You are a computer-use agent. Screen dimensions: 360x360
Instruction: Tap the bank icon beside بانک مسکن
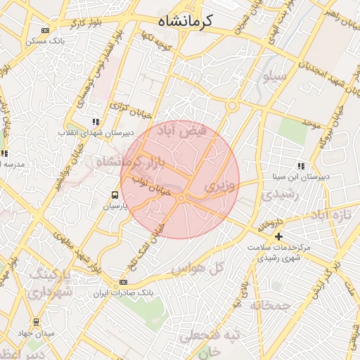(46, 31)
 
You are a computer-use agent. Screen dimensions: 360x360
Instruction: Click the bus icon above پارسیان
(115, 195)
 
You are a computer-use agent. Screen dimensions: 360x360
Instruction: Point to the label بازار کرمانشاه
(130, 163)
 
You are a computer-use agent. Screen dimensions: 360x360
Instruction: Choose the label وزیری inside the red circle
(221, 186)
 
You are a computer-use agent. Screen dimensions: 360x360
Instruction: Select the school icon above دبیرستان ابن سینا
(300, 167)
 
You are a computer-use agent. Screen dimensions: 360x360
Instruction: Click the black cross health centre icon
(278, 236)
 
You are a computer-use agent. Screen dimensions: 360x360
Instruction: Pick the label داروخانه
(269, 225)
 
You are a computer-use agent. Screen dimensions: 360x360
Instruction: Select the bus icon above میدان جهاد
(36, 322)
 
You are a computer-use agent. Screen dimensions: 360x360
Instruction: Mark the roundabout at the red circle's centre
(181, 200)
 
